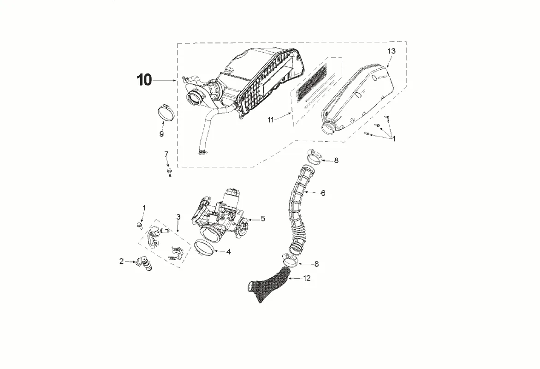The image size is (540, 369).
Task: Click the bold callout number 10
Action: point(144,80)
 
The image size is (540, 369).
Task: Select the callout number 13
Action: point(391,51)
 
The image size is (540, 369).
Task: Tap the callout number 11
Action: point(271,119)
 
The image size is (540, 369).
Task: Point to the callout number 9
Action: point(161,134)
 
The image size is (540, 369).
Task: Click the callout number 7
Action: point(166,154)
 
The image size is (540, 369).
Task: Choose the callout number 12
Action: point(307,278)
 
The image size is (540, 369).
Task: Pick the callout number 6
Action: point(323,193)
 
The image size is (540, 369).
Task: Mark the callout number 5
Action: point(263,219)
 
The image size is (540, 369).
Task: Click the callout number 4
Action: point(228,252)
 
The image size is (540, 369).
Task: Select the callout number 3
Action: point(178,217)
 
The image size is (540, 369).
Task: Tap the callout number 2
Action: point(121,262)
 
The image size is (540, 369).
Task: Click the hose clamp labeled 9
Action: point(164,112)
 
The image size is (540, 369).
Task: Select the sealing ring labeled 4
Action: point(204,248)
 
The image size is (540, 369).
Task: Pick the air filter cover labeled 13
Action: point(360,97)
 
